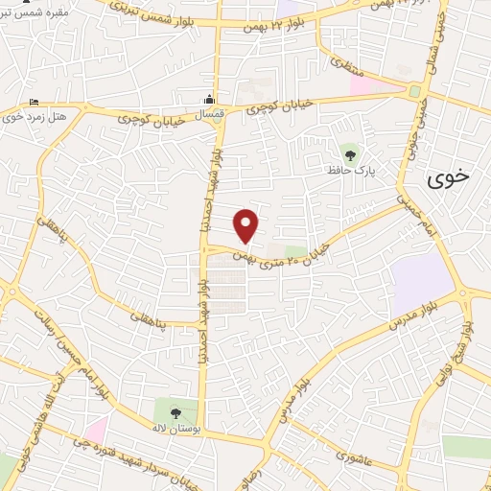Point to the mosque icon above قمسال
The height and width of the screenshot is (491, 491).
pyautogui.click(x=208, y=100)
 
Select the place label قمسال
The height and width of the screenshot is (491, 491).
pyautogui.click(x=208, y=114)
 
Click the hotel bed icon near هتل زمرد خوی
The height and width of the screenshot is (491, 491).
pyautogui.click(x=35, y=103)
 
